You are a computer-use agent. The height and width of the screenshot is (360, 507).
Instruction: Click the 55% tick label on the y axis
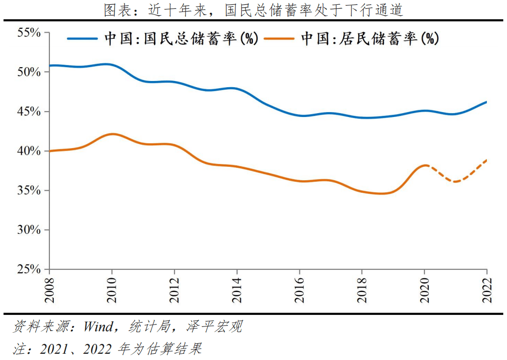29,33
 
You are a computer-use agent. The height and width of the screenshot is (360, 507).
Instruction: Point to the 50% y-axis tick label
29,72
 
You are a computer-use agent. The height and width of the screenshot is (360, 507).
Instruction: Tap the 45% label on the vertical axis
29,112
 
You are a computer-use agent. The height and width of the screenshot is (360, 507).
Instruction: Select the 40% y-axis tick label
29,151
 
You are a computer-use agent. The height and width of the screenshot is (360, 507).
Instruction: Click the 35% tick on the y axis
29,190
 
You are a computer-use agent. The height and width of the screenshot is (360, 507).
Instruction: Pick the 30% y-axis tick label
29,230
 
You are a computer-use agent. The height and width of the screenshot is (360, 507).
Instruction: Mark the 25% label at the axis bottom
29,269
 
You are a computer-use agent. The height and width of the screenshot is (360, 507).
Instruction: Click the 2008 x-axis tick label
49,290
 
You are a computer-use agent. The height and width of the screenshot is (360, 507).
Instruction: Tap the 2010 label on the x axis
112,290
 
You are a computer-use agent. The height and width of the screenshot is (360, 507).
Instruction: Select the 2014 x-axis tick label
237,290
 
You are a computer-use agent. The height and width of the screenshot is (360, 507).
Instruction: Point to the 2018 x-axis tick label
362,290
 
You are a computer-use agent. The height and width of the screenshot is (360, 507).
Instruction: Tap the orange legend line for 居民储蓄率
279,39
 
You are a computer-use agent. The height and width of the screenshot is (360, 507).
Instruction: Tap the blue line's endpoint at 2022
486,102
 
